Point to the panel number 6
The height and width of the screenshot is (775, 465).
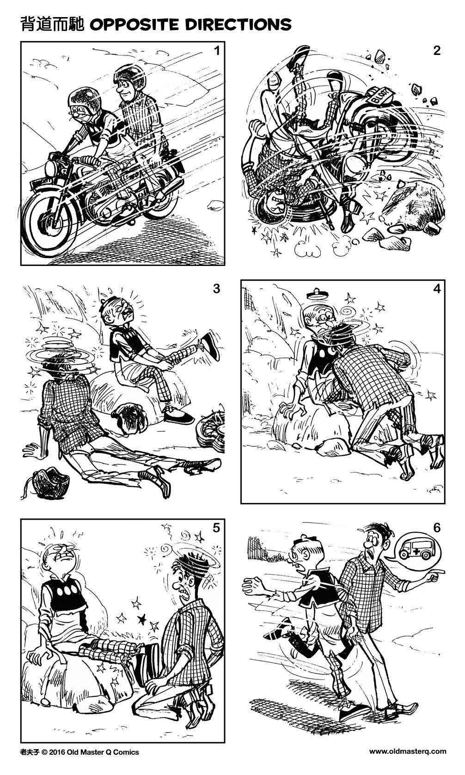click(436, 527)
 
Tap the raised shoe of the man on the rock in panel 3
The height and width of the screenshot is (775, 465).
click(210, 346)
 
